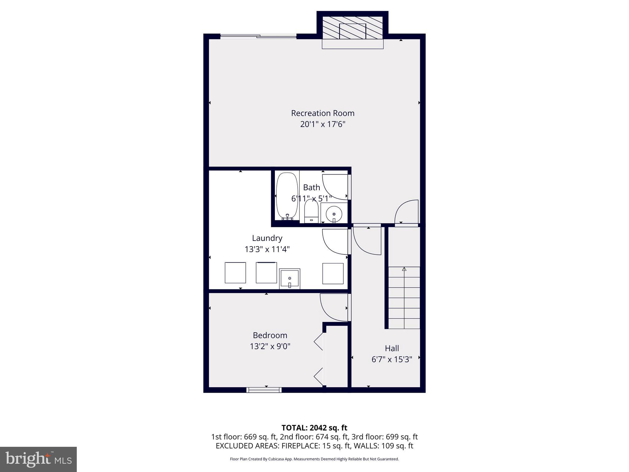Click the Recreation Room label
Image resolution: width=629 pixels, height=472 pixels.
click(322, 113)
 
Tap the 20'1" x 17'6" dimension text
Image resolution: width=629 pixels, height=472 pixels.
click(322, 124)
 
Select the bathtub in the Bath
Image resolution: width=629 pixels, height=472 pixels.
click(287, 196)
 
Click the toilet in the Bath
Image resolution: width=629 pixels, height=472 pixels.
click(311, 211)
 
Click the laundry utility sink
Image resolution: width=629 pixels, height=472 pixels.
click(290, 279)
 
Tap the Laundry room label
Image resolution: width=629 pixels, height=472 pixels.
click(267, 238)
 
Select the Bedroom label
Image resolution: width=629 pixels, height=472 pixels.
click(270, 335)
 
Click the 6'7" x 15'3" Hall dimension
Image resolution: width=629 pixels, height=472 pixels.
click(392, 359)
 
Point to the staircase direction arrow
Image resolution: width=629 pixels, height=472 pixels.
click(404, 269)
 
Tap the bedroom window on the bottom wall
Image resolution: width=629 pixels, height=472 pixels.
click(264, 390)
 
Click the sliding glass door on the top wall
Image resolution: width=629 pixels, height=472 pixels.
click(258, 37)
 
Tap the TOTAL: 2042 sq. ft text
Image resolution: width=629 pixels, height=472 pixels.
click(314, 428)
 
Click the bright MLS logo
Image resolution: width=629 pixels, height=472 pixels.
click(38, 459)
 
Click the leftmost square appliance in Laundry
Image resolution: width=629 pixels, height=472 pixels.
click(235, 273)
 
